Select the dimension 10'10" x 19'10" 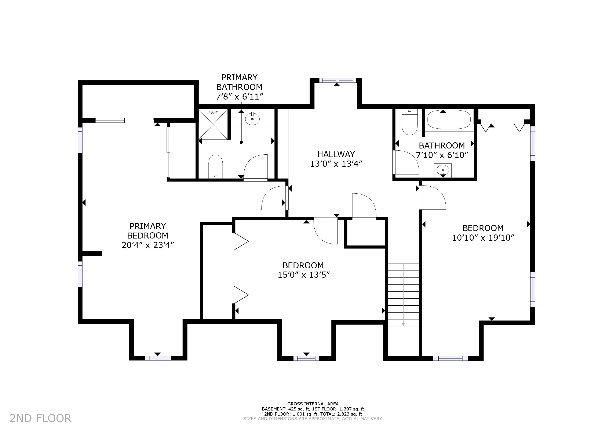point(483,238)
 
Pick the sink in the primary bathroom point(252,119)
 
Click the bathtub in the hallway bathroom point(449,120)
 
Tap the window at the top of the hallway point(338,80)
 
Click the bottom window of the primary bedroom point(158,358)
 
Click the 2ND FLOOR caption point(41,418)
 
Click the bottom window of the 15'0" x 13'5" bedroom point(306,358)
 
